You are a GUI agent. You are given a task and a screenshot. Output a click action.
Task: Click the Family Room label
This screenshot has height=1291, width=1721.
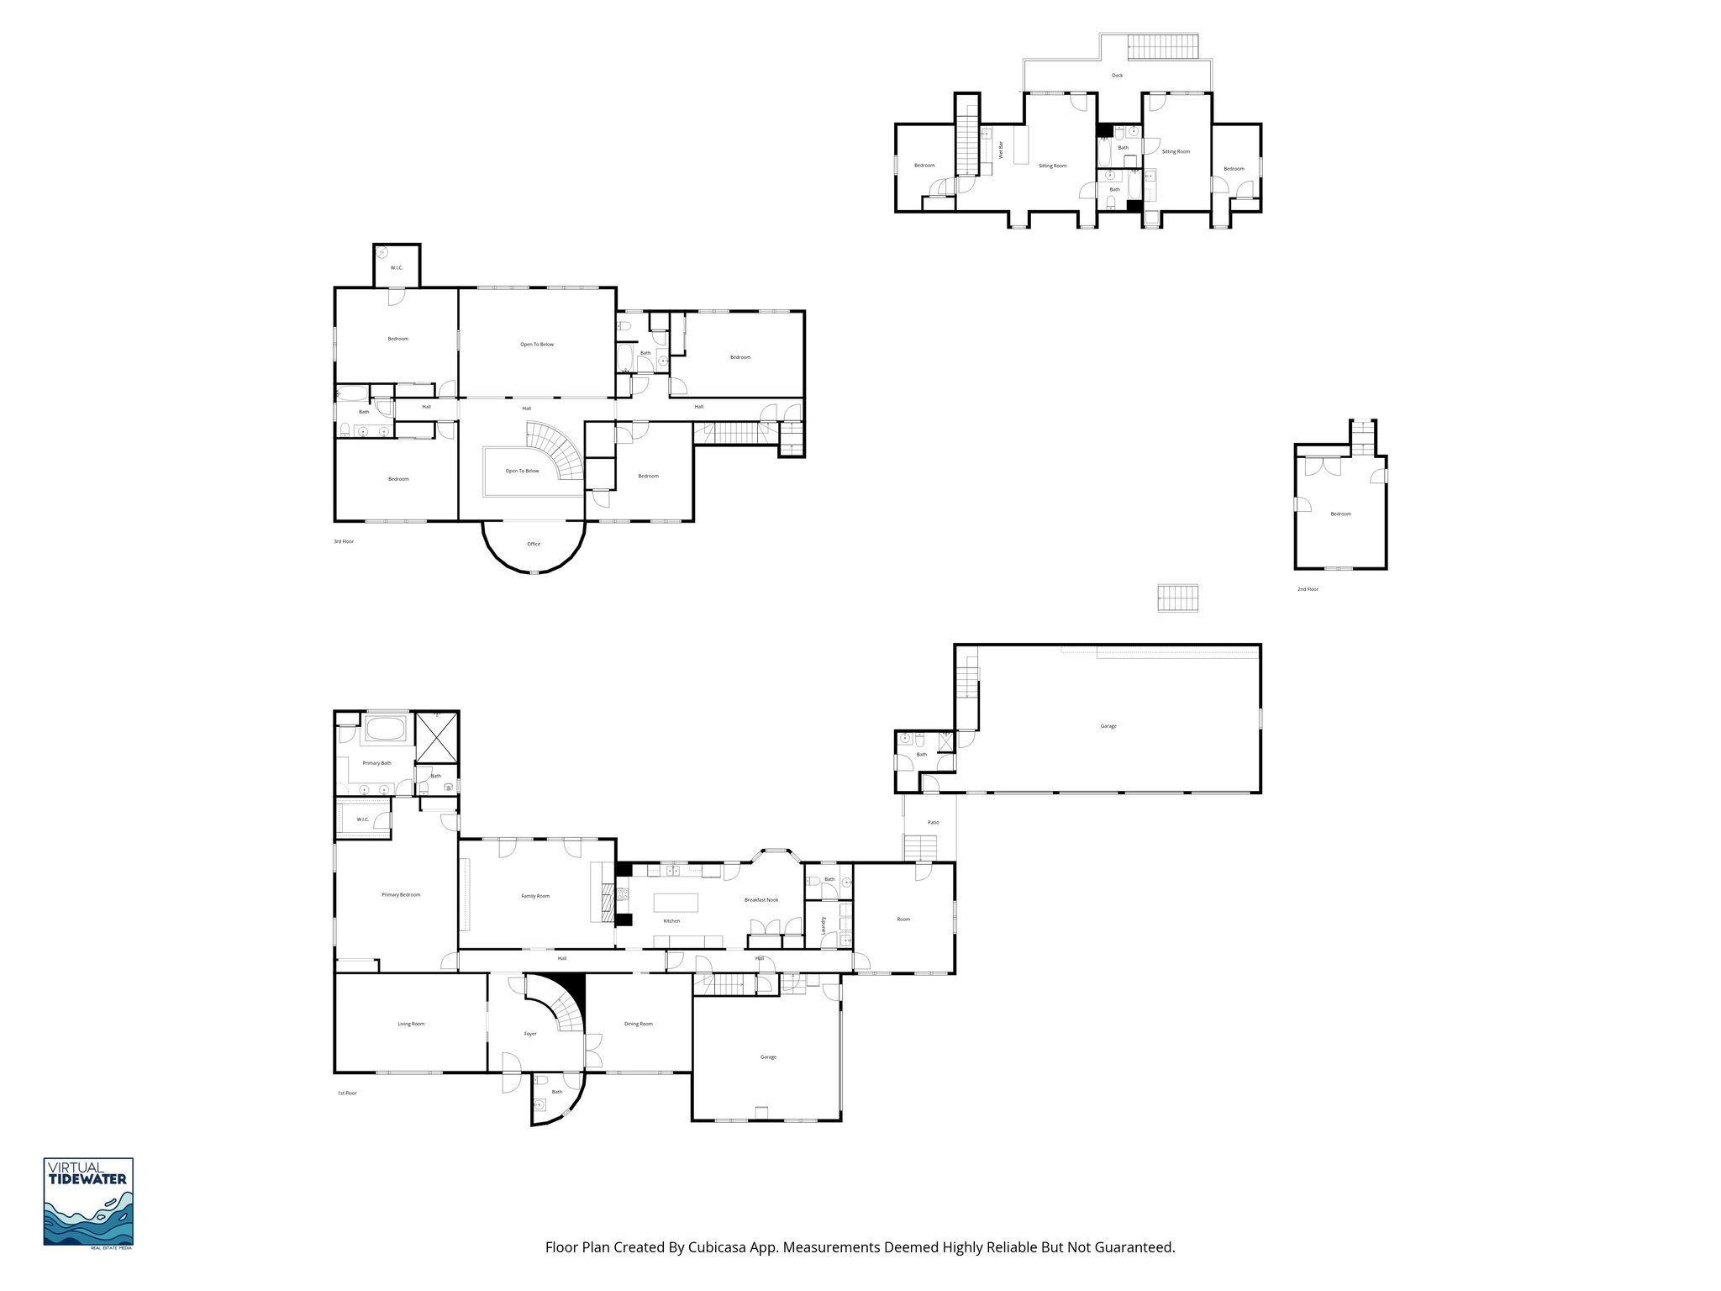pyautogui.click(x=535, y=896)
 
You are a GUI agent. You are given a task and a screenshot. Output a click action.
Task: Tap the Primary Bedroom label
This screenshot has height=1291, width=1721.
pyautogui.click(x=401, y=894)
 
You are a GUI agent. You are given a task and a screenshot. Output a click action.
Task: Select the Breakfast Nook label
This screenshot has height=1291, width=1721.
pyautogui.click(x=761, y=899)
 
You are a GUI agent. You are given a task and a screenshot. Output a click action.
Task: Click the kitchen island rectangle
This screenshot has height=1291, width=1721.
pyautogui.click(x=676, y=903)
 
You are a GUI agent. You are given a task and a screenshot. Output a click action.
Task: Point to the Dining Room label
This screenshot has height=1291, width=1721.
pyautogui.click(x=639, y=1024)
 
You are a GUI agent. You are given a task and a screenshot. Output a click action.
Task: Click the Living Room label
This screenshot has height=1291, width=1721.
pyautogui.click(x=411, y=1024)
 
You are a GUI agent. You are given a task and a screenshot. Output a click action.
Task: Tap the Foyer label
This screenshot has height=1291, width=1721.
pyautogui.click(x=530, y=1034)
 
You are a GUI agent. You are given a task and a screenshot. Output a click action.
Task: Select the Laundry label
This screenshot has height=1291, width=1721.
pyautogui.click(x=824, y=925)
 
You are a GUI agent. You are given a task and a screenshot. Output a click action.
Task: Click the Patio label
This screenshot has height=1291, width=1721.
pyautogui.click(x=933, y=822)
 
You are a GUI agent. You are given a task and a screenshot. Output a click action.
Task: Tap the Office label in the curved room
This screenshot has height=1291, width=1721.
pyautogui.click(x=534, y=544)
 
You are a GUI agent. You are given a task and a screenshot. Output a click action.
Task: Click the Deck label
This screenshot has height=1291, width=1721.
pyautogui.click(x=1117, y=76)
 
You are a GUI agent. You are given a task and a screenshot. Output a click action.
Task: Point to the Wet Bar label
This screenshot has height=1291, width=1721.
pyautogui.click(x=1001, y=150)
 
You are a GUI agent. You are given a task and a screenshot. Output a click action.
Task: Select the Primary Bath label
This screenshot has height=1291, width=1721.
pyautogui.click(x=376, y=763)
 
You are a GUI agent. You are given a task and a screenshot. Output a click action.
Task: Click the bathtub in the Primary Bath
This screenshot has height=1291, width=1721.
pyautogui.click(x=387, y=728)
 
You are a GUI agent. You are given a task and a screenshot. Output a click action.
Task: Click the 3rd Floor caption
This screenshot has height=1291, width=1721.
pyautogui.click(x=344, y=541)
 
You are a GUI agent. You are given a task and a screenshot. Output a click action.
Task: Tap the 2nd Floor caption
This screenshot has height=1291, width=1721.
pyautogui.click(x=1308, y=589)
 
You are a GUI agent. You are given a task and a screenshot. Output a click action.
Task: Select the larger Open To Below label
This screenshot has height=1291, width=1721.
pyautogui.click(x=536, y=345)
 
